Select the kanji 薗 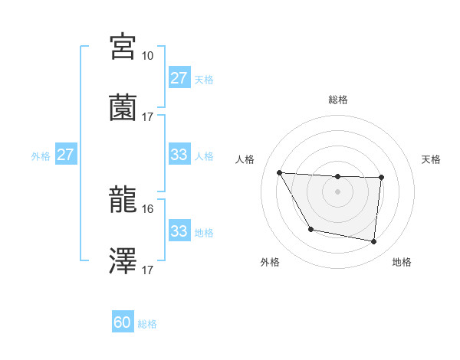123,107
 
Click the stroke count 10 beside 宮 147,56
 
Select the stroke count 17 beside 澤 147,270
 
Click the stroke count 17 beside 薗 147,117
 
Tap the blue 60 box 123,323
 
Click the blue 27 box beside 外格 65,155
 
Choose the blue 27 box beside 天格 179,78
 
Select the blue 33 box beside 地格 179,231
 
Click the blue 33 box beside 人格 179,155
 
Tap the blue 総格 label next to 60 147,324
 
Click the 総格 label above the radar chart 337,100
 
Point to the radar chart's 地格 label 402,262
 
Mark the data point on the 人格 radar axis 279,172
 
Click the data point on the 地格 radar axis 373,242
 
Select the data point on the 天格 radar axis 381,178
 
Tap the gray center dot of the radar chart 337,191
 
